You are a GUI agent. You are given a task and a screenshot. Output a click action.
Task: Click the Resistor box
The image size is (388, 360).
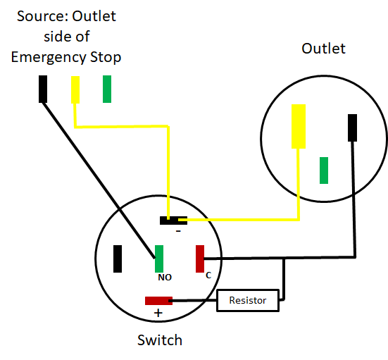click(x=248, y=300)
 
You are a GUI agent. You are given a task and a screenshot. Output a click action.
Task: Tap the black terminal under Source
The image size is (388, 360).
click(x=43, y=89)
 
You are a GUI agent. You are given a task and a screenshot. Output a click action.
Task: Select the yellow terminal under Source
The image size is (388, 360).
click(x=75, y=89)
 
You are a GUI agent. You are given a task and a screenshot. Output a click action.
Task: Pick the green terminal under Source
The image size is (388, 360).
click(x=107, y=89)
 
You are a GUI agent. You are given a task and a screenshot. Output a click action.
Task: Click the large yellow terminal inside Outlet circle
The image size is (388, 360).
click(x=299, y=126)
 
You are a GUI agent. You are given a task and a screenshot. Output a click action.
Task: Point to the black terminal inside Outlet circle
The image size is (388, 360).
click(x=352, y=128)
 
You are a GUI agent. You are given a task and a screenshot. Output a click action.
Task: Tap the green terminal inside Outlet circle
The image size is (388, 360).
click(x=324, y=170)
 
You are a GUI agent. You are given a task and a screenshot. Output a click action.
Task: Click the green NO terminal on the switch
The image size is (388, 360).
click(x=159, y=259)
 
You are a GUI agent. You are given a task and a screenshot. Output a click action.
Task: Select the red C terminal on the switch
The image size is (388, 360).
click(x=200, y=259)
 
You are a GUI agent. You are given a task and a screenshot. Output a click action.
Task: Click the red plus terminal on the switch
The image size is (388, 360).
click(x=158, y=301)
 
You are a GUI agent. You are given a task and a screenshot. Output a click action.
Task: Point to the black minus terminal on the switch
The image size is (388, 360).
click(x=173, y=221)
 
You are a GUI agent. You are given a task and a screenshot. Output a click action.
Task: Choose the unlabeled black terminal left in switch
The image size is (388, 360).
click(x=118, y=259)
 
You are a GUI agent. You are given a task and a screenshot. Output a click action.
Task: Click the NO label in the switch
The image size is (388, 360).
click(x=165, y=278)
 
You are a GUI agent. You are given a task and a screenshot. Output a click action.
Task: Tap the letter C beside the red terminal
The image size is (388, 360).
click(x=208, y=275)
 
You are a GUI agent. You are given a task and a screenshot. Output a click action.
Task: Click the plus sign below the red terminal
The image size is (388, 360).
click(x=158, y=313)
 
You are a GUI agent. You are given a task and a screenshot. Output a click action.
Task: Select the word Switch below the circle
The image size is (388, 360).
click(x=160, y=340)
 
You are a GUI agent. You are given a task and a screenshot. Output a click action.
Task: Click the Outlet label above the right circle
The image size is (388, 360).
click(x=323, y=49)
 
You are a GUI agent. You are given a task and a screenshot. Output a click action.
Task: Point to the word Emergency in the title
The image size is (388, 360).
click(x=49, y=58)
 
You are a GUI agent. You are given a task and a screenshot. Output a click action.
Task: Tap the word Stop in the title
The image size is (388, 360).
click(x=106, y=58)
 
